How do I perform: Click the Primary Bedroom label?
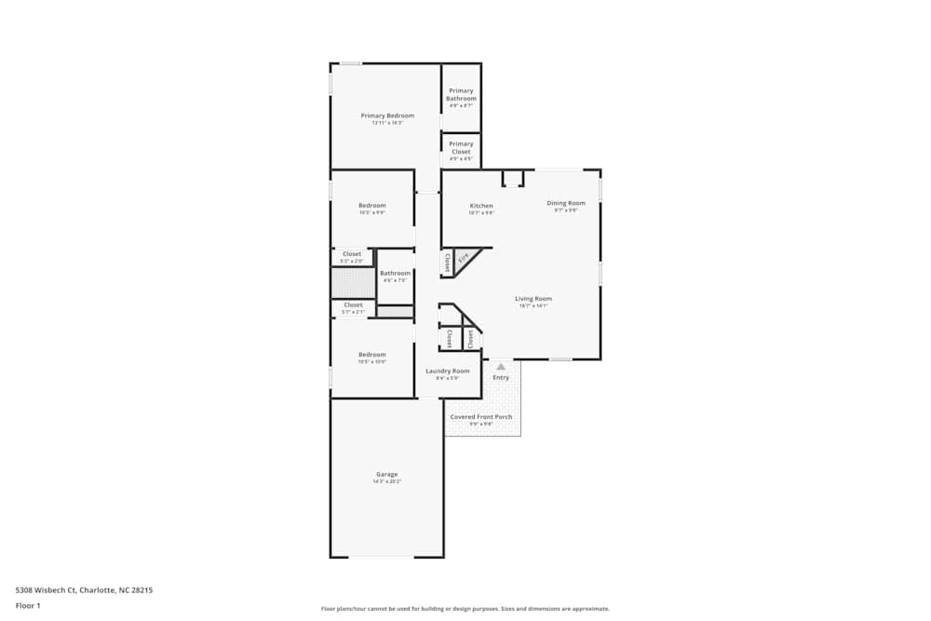387,115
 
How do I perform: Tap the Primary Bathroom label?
461,94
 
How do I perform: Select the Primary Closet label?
461,147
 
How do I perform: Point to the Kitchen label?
481,206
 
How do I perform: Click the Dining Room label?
566,203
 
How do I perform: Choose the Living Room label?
533,299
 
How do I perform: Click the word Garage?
387,474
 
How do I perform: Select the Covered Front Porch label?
481,417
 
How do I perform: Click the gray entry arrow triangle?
501,367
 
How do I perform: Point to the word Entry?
501,377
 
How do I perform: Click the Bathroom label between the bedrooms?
395,273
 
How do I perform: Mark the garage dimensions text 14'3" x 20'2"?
387,481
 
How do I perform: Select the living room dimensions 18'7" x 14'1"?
533,305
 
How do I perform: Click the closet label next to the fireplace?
448,263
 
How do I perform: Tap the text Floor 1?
28,605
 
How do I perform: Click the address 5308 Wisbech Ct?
47,589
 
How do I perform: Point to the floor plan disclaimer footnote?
465,608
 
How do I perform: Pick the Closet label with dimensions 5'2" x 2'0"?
352,253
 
